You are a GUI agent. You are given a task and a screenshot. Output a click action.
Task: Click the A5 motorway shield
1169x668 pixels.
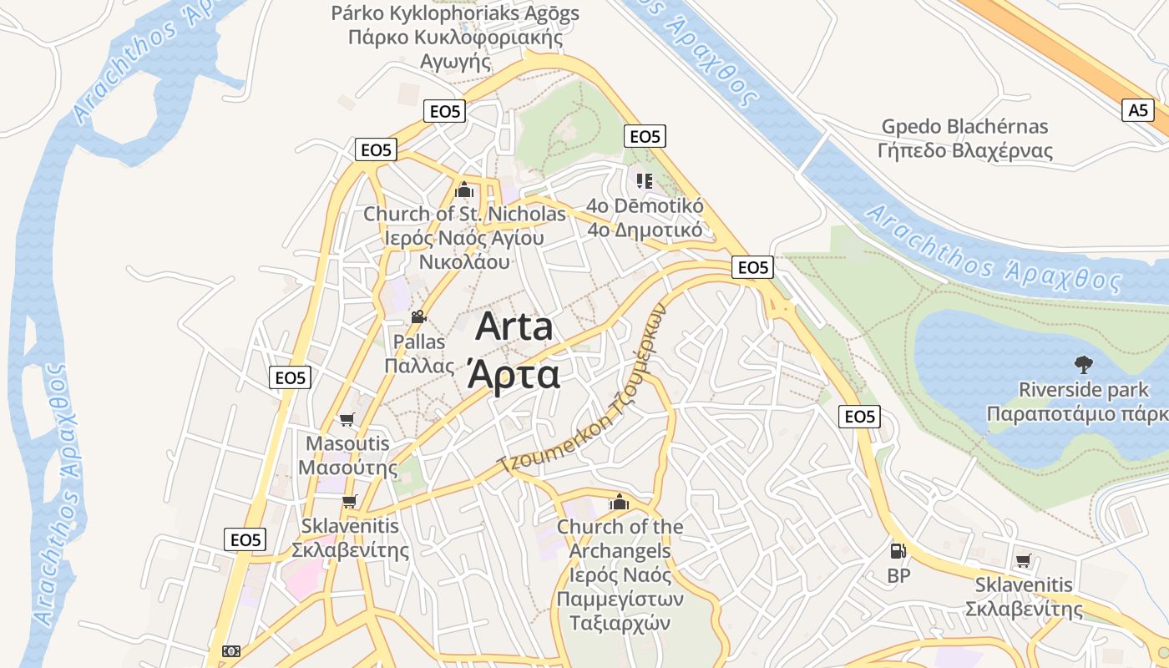click(x=1138, y=110)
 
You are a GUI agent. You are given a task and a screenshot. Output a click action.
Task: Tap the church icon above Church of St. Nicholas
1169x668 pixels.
click(x=463, y=190)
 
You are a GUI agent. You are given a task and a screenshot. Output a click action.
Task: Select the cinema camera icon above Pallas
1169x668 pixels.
click(x=418, y=317)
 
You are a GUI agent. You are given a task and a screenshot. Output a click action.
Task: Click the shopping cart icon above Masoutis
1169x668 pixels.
click(x=347, y=419)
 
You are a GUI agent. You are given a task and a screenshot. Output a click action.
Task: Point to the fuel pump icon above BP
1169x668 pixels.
click(x=898, y=551)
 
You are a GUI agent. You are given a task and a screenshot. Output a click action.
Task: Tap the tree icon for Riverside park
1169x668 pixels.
click(x=1083, y=365)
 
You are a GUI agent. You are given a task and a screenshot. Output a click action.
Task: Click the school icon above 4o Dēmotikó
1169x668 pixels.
click(x=644, y=180)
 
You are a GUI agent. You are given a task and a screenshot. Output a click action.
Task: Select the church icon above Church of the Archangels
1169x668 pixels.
click(x=619, y=502)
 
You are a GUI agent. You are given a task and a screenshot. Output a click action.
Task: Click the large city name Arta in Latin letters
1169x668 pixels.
click(x=514, y=326)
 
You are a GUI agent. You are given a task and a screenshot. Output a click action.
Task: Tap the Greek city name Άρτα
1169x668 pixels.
click(x=514, y=375)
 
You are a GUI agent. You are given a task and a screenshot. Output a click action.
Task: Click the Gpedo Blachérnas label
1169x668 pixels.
click(x=964, y=127)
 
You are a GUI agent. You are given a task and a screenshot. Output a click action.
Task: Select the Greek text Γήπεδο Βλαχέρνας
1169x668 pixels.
click(x=964, y=151)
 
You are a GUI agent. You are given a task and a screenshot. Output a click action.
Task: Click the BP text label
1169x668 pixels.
click(x=898, y=575)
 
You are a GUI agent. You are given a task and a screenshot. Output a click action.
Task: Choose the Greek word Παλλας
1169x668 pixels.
click(x=419, y=366)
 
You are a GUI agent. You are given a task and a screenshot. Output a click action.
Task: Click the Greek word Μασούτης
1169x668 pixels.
click(x=348, y=468)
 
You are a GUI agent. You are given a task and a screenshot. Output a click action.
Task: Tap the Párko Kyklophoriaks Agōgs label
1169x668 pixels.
click(x=455, y=13)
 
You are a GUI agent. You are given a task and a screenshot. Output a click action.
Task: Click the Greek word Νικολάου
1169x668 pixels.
click(x=464, y=261)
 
